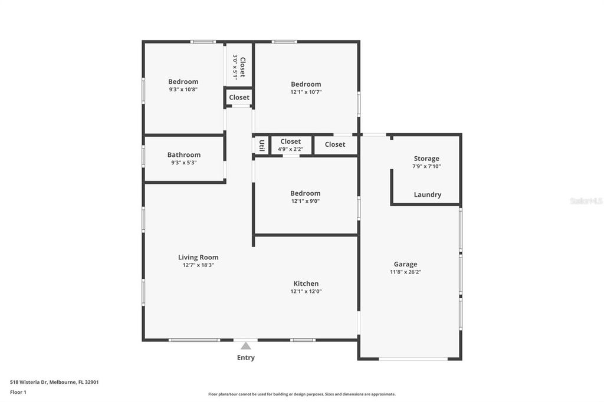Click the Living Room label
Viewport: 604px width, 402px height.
(x=198, y=257)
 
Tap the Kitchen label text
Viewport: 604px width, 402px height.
(x=306, y=284)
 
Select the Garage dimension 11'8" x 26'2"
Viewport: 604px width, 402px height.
(x=405, y=272)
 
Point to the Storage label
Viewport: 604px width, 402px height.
(x=426, y=159)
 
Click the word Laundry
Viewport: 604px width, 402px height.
(x=427, y=195)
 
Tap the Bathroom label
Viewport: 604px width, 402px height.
(x=183, y=155)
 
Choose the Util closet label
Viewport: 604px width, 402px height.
(x=261, y=146)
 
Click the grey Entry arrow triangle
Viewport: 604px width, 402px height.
(x=245, y=346)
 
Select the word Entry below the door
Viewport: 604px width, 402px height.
(x=246, y=358)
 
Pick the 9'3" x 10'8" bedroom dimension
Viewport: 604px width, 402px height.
(x=183, y=90)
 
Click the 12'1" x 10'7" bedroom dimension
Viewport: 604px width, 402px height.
(x=306, y=92)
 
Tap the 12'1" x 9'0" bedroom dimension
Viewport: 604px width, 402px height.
(x=305, y=201)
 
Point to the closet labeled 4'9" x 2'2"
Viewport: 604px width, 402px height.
(x=290, y=149)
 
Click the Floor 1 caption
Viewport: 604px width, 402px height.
(x=18, y=392)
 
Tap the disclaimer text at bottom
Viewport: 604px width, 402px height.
(x=301, y=394)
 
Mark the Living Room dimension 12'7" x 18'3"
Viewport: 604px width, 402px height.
(x=198, y=265)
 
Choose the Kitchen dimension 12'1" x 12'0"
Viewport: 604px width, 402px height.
(x=306, y=291)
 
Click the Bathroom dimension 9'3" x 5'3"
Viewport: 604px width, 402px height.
(x=183, y=163)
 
